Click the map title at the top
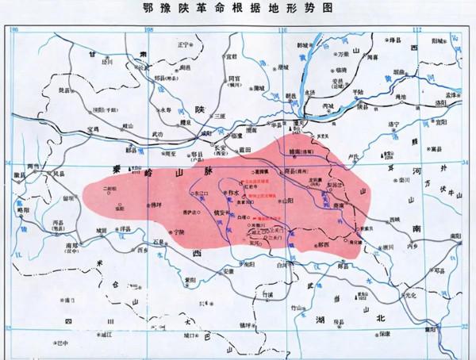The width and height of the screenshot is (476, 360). click(239, 9)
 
